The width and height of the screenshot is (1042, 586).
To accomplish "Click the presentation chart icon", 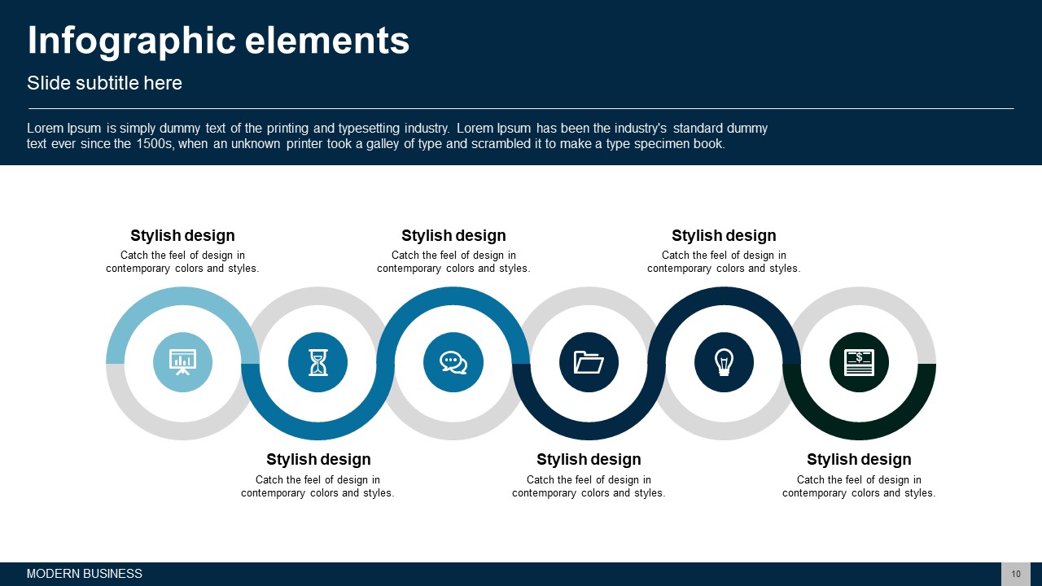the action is (x=182, y=362).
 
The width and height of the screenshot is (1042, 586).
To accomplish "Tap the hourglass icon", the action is (x=318, y=362).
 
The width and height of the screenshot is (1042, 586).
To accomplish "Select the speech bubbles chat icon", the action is (x=453, y=362).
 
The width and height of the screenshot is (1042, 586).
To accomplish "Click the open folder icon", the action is (x=589, y=362).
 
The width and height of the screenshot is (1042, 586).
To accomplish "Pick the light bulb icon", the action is (x=724, y=362).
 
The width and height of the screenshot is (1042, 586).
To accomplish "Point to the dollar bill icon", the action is (x=859, y=362).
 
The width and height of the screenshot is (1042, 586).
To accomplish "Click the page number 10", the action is (x=1016, y=574).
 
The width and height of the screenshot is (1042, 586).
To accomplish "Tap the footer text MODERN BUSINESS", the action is (x=84, y=574).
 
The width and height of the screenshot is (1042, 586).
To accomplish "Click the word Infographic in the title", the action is (x=132, y=42).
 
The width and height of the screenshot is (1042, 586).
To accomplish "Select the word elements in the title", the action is (x=327, y=41).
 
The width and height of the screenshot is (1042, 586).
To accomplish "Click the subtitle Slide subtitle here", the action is (x=104, y=83).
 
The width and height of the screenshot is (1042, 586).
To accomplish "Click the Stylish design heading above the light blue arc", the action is (x=182, y=235).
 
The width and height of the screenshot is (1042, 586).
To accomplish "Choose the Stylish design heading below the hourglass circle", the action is (x=318, y=459).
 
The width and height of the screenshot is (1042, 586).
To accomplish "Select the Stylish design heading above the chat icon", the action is (x=453, y=235).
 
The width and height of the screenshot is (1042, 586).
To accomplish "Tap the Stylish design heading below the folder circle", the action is (x=589, y=459).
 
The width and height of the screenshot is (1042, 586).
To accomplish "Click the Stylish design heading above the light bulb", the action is (x=724, y=235).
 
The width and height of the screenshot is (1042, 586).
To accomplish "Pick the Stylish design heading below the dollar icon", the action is (x=859, y=459).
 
